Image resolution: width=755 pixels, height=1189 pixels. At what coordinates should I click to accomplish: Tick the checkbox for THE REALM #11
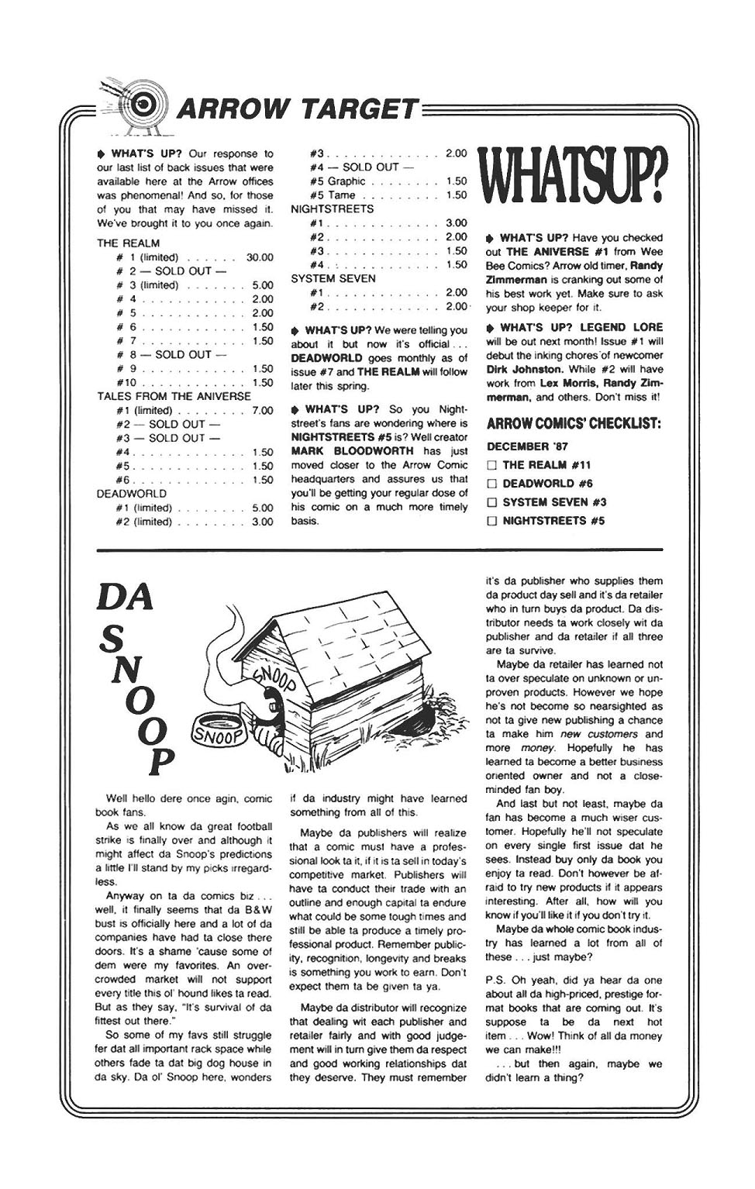(491, 466)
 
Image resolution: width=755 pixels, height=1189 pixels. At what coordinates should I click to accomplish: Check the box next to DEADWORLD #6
(491, 484)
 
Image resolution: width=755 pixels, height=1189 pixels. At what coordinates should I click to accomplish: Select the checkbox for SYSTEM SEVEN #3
(491, 503)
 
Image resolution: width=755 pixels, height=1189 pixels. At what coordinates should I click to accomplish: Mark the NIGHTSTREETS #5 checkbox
(491, 522)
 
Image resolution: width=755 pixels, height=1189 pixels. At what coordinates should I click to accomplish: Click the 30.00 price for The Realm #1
(260, 257)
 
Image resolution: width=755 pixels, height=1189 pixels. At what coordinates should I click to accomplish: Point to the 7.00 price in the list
(263, 411)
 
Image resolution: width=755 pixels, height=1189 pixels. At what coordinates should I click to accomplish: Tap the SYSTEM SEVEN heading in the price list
(333, 279)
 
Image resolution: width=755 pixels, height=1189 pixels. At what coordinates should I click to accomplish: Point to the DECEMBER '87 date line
(527, 446)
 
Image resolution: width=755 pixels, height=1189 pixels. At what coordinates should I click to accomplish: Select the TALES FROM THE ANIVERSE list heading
(174, 396)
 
